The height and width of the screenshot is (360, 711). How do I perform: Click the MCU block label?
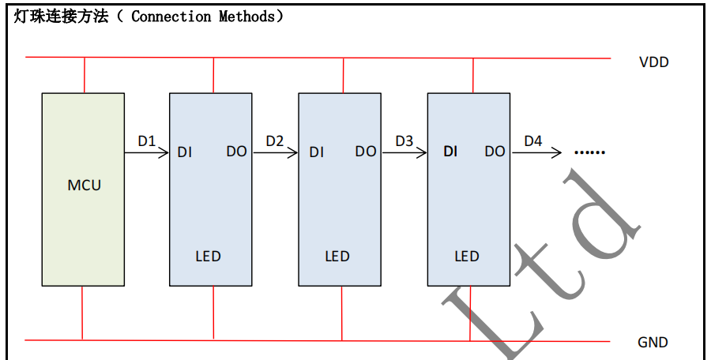[x=85, y=186]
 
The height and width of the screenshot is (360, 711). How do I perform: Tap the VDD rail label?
[x=653, y=62]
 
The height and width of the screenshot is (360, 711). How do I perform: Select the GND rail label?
[x=653, y=343]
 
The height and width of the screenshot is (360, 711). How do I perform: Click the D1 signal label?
[x=147, y=141]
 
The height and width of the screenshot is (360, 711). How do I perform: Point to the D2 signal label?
[x=275, y=141]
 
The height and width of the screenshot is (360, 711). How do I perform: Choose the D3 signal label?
[x=404, y=141]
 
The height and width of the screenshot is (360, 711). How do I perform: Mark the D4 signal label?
[x=533, y=141]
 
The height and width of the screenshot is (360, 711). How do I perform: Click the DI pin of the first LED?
[x=185, y=152]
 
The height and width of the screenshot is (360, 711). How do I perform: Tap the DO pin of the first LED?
[x=236, y=151]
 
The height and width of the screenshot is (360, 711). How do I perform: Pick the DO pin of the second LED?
[x=366, y=151]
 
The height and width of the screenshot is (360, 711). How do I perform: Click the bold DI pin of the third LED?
[x=450, y=151]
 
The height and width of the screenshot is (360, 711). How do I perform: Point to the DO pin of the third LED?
[x=495, y=151]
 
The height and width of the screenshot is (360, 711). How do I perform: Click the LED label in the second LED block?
[x=337, y=257]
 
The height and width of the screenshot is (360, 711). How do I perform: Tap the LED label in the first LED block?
[x=208, y=257]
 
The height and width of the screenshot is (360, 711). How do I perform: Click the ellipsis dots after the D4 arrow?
[x=589, y=152]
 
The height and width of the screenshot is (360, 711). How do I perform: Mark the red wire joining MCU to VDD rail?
[x=84, y=76]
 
